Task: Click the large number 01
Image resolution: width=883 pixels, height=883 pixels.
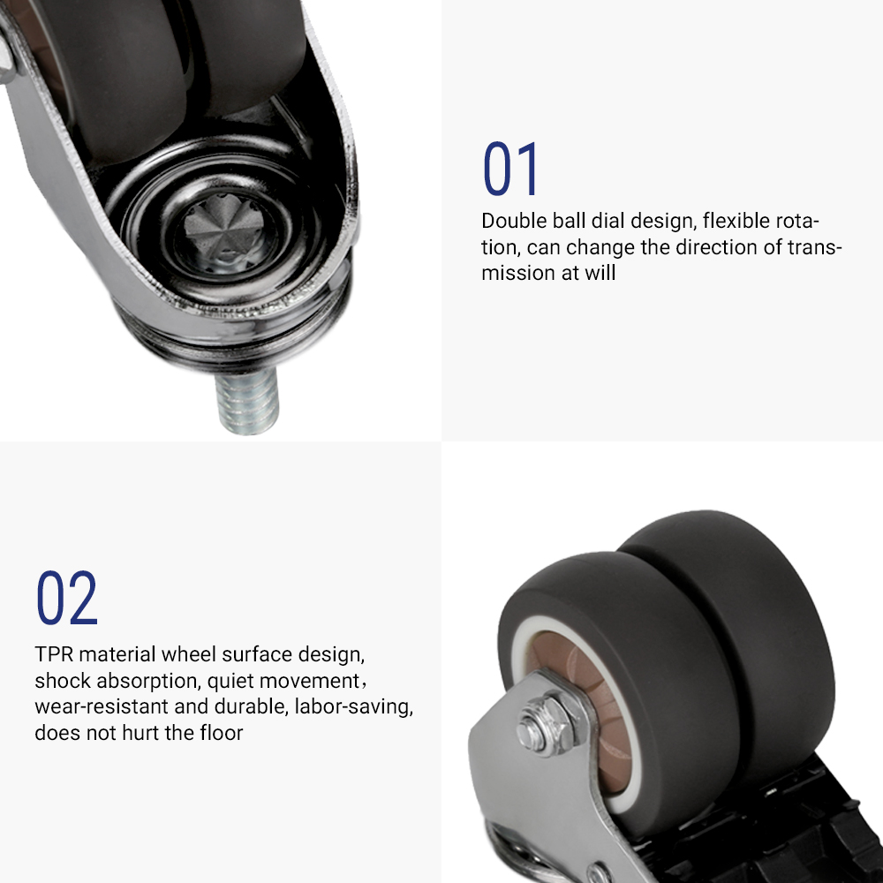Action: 510,169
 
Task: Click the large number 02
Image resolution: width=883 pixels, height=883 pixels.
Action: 67,598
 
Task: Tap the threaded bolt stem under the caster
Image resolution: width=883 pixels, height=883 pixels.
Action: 248,402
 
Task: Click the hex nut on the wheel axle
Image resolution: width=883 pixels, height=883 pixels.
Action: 545,725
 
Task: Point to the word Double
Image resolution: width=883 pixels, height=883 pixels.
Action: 514,221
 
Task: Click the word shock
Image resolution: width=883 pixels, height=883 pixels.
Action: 63,681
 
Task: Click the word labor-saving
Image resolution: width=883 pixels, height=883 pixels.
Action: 353,707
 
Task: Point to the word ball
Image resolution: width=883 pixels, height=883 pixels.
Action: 567,221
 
